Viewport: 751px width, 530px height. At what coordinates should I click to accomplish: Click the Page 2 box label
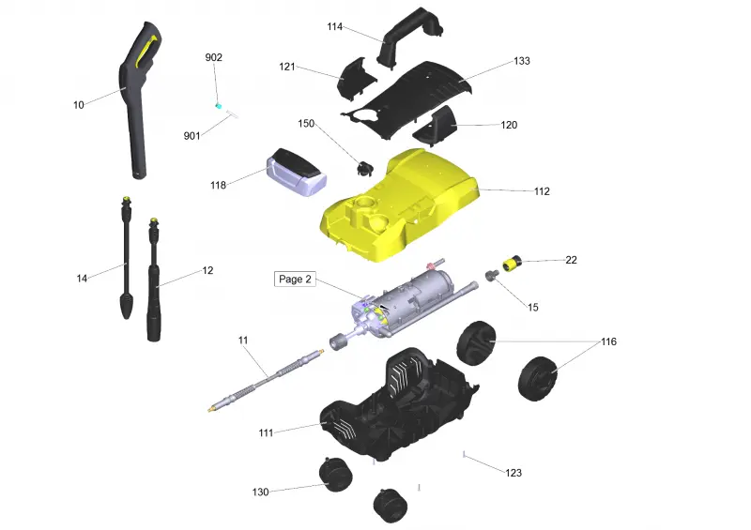(295, 280)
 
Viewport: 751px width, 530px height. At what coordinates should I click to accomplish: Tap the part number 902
(214, 57)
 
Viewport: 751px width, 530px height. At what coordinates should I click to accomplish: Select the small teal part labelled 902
(219, 105)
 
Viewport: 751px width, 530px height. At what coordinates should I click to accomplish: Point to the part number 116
(608, 341)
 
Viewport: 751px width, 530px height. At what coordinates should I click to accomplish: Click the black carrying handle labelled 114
(409, 37)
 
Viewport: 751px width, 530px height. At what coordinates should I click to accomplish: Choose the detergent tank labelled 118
(297, 173)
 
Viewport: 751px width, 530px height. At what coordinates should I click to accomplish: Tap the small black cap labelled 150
(364, 168)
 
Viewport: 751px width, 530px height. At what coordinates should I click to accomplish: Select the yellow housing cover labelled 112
(399, 205)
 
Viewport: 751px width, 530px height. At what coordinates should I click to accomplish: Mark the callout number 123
(513, 473)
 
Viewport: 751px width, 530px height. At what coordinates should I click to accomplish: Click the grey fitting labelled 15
(492, 275)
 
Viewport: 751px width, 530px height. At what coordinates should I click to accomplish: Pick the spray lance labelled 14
(127, 258)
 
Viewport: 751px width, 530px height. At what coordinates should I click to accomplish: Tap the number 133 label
(522, 61)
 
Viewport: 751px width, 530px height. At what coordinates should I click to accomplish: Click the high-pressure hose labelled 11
(266, 380)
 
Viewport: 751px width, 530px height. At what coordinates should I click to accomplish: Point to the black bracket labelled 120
(435, 126)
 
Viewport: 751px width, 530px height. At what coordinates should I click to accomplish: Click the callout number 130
(261, 492)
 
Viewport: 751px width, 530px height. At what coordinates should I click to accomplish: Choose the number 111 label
(266, 432)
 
